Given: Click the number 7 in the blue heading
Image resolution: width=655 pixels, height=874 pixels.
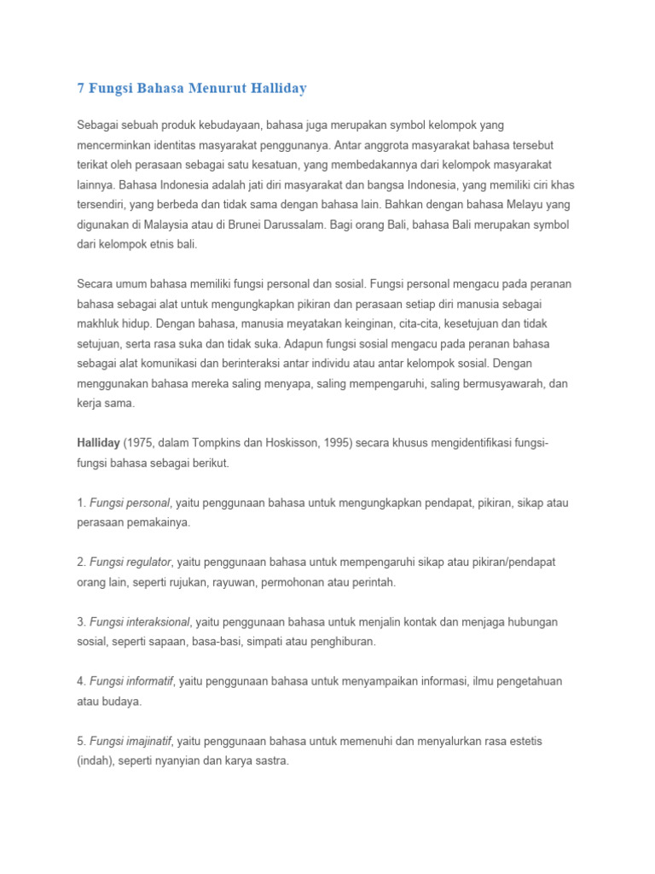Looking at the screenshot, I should [81, 88].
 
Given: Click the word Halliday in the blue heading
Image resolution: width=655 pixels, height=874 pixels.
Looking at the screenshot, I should [275, 88].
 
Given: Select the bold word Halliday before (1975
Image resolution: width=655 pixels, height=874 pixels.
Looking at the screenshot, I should [98, 443].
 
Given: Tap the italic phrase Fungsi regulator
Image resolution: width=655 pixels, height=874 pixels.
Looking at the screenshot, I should [130, 562].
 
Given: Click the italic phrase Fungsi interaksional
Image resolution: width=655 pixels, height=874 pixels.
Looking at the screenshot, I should [139, 622].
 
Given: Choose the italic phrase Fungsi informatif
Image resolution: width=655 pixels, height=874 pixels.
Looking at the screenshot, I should [131, 682].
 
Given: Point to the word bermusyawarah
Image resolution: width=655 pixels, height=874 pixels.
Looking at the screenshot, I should [491, 384].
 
